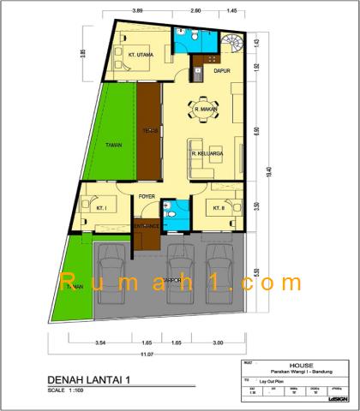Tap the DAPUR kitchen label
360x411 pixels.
(223, 72)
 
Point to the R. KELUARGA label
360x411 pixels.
(208, 154)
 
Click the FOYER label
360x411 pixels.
(146, 197)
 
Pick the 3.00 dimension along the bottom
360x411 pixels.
(218, 342)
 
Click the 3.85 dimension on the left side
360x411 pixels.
(83, 53)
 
